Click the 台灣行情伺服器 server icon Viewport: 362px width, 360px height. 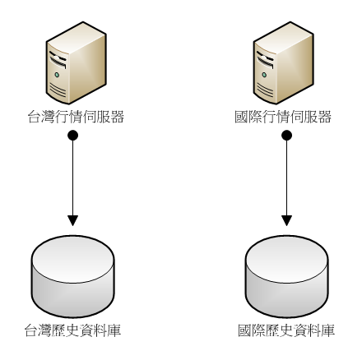pyautogui.click(x=76, y=63)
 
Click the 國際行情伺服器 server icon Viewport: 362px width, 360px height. pyautogui.click(x=283, y=63)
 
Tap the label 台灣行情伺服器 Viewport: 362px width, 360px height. pyautogui.click(x=76, y=117)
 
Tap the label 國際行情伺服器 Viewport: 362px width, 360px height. pyautogui.click(x=283, y=117)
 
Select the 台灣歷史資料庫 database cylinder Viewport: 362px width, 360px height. pyautogui.click(x=72, y=276)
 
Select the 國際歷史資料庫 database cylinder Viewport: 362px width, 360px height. pyautogui.click(x=286, y=276)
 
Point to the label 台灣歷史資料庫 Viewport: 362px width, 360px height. pyautogui.click(x=72, y=330)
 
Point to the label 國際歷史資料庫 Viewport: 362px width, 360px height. pyautogui.click(x=286, y=330)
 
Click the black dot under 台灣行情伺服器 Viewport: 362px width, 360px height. pyautogui.click(x=72, y=136)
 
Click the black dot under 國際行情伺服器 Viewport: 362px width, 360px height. pyautogui.click(x=286, y=136)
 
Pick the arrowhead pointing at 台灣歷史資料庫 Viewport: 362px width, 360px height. pyautogui.click(x=72, y=220)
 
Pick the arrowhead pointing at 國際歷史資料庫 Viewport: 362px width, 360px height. pyautogui.click(x=286, y=220)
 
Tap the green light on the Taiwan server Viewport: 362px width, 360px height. pyautogui.click(x=57, y=75)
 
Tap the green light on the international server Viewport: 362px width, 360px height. pyautogui.click(x=264, y=75)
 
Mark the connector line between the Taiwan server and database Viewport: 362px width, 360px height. pyautogui.click(x=72, y=178)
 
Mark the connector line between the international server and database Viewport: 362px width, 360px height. pyautogui.click(x=286, y=178)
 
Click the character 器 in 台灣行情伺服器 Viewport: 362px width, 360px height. pyautogui.click(x=118, y=117)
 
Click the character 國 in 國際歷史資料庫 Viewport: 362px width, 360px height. pyautogui.click(x=245, y=330)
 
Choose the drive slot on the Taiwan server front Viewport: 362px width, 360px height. pyautogui.click(x=58, y=60)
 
